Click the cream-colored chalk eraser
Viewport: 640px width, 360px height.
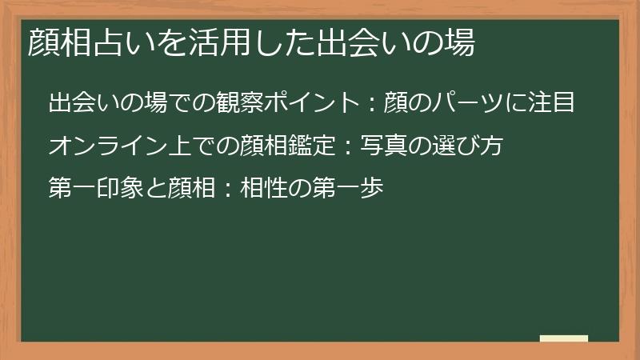[564, 338]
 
